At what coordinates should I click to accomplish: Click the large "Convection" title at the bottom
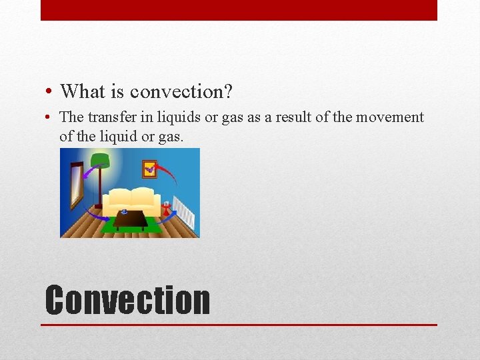[127, 300]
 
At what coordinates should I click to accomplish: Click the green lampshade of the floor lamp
[100, 160]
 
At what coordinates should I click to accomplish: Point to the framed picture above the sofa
[149, 169]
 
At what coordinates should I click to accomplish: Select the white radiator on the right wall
[184, 212]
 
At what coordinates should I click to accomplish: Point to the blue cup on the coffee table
[124, 212]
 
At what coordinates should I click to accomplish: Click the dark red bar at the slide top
[239, 10]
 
